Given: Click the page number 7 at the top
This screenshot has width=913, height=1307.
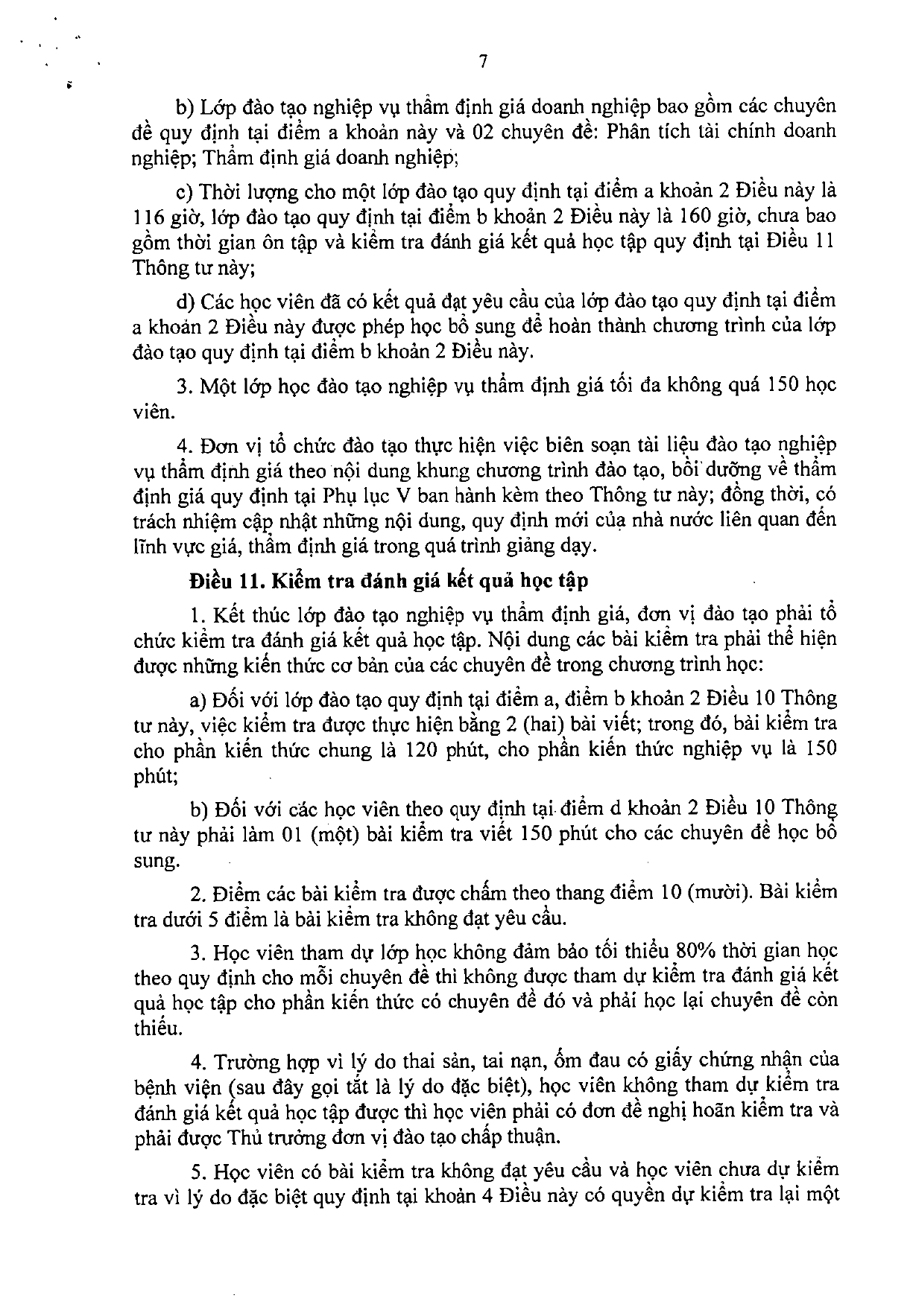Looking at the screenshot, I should coord(483,63).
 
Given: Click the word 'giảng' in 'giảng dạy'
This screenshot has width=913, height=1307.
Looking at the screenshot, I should coord(528,546).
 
